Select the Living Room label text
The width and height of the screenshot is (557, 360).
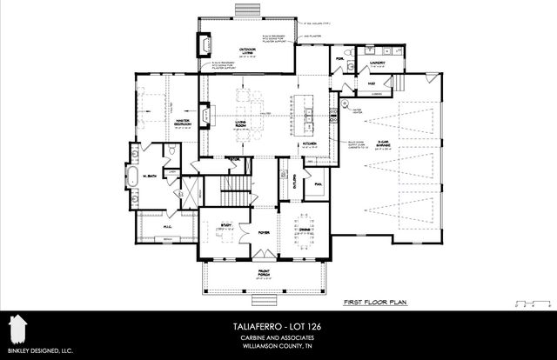pos(242,125)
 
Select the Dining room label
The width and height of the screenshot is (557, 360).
pos(304,230)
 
